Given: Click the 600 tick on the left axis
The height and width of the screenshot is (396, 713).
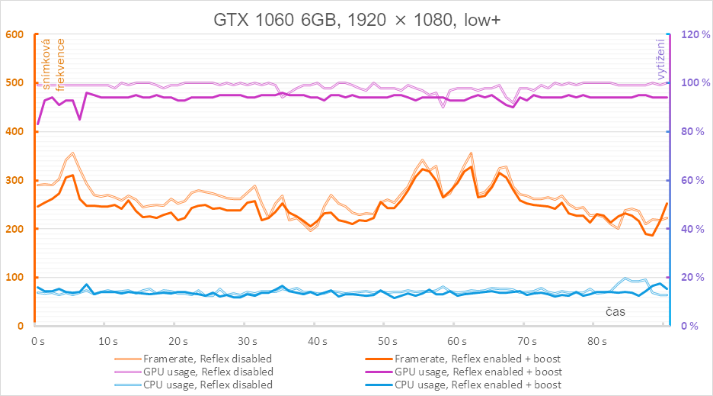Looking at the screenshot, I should [x=16, y=34].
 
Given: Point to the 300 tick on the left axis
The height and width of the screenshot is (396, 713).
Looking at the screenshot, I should [x=16, y=180].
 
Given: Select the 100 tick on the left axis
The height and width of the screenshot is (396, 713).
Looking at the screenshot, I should [x=16, y=278].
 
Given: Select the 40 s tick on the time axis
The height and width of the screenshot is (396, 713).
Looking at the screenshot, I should [x=315, y=341].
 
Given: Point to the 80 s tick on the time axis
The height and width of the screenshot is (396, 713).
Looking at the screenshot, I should [x=596, y=341].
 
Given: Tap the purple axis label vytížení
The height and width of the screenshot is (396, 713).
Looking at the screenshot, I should [x=660, y=61].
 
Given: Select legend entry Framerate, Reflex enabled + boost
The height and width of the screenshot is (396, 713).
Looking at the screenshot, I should [x=477, y=359].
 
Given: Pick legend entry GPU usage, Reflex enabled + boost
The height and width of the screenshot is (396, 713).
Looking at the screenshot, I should [x=477, y=372].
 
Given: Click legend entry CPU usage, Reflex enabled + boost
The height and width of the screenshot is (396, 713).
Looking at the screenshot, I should [x=477, y=385].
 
